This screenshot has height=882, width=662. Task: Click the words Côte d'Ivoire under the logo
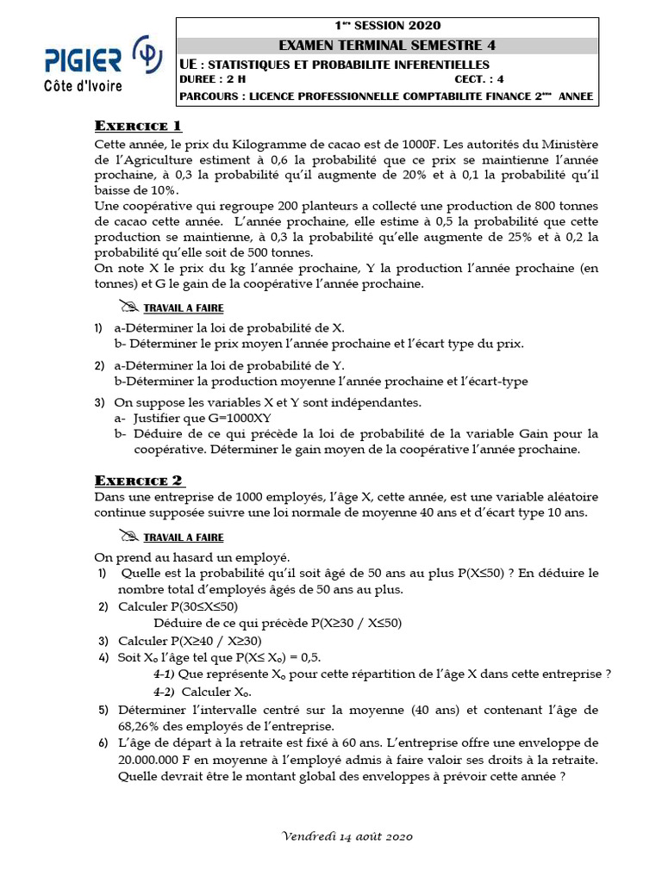coord(83,86)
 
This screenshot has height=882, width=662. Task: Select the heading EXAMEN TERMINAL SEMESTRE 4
coord(387,46)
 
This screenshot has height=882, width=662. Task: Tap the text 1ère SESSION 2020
coord(387,26)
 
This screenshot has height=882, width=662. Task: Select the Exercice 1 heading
coord(138,126)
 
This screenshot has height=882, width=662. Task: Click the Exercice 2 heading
coord(138,480)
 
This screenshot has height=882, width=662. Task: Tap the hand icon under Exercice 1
coord(129,307)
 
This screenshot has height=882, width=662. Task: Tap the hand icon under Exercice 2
coord(129,537)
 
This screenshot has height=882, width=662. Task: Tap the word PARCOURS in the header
coord(210,96)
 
